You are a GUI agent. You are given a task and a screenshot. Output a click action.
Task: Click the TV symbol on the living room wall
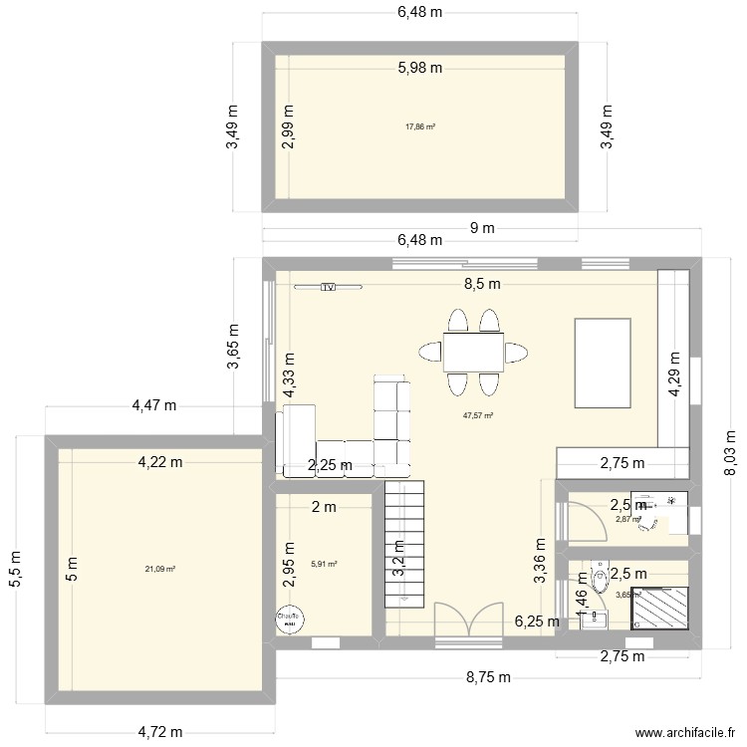[x=328, y=287]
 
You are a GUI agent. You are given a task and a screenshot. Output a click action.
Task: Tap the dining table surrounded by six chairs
[x=473, y=353]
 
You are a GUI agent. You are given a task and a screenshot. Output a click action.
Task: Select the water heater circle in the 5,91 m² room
[x=290, y=618]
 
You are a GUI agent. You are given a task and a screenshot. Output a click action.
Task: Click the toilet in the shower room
[x=600, y=578]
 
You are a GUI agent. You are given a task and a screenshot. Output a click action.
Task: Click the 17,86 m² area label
[x=419, y=126]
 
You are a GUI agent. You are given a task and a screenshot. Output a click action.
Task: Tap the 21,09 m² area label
[x=159, y=569]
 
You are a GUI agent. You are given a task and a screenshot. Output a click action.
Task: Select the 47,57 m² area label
[x=478, y=417]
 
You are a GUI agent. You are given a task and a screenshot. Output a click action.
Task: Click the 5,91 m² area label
[x=324, y=564]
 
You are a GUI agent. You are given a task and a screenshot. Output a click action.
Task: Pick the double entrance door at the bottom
[x=468, y=620]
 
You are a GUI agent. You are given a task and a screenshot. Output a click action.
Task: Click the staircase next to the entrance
[x=405, y=538]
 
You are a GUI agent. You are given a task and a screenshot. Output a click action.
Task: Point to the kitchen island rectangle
[x=603, y=363]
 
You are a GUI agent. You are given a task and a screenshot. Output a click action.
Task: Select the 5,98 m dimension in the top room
[x=419, y=68]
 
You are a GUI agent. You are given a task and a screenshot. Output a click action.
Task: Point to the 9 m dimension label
[x=482, y=228]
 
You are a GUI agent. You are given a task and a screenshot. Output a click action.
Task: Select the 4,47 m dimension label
[x=154, y=405]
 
